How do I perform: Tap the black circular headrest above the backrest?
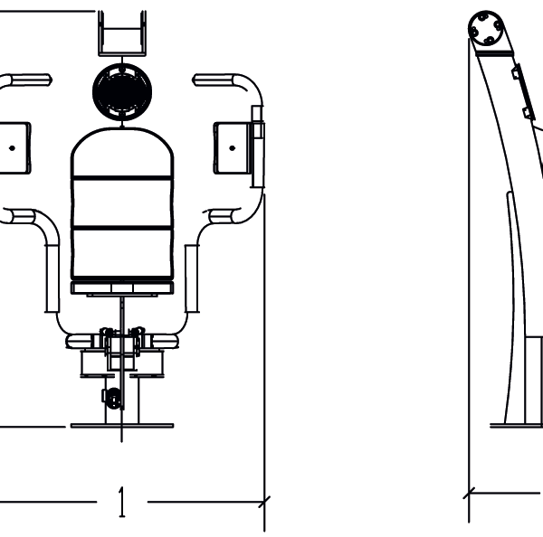(120, 89)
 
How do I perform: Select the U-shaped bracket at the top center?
(120, 34)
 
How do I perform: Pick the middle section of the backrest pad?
(120, 203)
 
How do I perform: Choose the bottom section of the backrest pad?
(120, 252)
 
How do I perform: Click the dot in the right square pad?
(233, 146)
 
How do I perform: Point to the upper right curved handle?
(231, 81)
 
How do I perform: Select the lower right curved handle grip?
(226, 216)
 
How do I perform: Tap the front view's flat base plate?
(120, 425)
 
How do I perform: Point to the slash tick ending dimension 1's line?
(264, 500)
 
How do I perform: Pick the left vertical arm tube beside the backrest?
(52, 277)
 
